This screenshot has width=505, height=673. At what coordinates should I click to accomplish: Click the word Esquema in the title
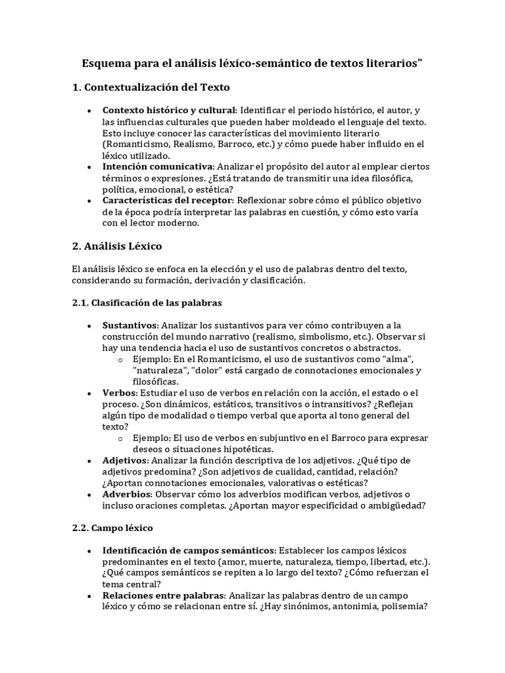105,64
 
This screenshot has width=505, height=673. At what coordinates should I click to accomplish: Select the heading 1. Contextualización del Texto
151,87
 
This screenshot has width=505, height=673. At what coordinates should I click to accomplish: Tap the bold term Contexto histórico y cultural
169,110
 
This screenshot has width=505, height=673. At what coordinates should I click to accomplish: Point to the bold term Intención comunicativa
158,167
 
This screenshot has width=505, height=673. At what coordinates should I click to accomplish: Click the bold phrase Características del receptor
167,200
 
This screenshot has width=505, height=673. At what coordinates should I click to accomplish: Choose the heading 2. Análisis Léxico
117,246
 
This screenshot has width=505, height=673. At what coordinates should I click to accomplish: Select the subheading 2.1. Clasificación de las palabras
147,303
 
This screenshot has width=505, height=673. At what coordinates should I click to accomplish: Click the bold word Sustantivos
130,325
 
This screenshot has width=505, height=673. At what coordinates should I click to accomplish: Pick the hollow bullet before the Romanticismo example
120,360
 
